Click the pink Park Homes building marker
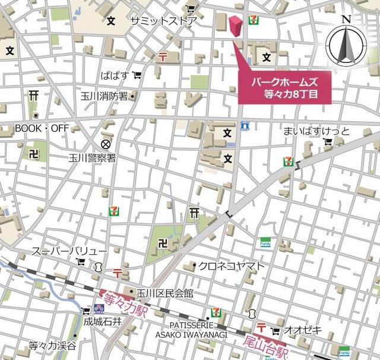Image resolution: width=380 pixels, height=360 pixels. [x=235, y=28]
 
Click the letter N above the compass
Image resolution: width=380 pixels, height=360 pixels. [x=347, y=19]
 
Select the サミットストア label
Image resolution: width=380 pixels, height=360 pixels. [x=163, y=21]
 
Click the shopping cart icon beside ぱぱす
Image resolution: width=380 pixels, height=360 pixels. [x=137, y=75]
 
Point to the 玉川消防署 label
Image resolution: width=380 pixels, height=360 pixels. [x=104, y=96]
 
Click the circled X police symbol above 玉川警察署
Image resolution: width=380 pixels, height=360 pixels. [x=106, y=144]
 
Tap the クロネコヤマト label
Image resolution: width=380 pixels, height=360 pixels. [x=232, y=266]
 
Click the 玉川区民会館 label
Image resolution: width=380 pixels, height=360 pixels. [x=164, y=293]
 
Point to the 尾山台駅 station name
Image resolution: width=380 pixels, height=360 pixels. [x=265, y=348]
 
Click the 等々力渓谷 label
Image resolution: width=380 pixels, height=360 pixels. [x=53, y=345]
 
